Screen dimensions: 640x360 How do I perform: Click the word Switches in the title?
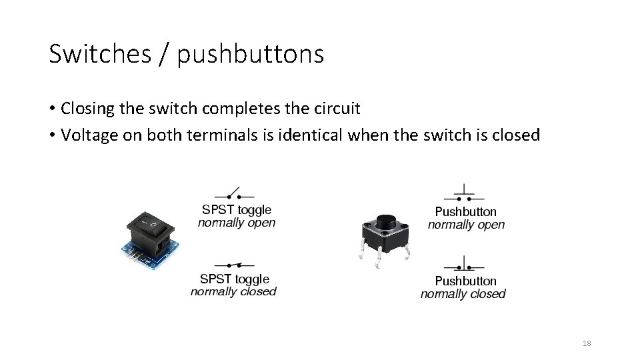click(100, 54)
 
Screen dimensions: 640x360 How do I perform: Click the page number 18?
click(587, 343)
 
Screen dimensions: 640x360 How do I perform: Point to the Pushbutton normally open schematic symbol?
click(465, 195)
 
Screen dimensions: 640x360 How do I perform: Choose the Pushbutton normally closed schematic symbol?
click(465, 265)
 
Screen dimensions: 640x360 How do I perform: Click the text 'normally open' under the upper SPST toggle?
click(237, 223)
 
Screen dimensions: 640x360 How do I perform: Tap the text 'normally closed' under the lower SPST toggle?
click(233, 291)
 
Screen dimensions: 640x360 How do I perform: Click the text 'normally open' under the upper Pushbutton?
click(466, 225)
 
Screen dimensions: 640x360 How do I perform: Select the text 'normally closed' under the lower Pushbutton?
click(463, 294)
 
